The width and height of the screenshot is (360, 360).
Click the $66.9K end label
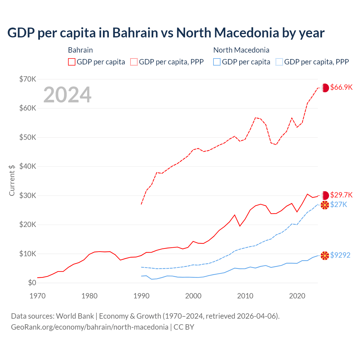coord(341,87)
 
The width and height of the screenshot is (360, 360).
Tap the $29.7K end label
coord(341,195)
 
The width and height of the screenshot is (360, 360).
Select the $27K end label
coord(339,204)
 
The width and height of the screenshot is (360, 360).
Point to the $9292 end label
coord(340,255)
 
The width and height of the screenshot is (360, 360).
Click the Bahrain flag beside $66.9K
coord(325,88)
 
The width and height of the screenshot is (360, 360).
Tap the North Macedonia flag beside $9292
coord(325,256)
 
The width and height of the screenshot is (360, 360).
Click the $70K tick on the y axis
coord(28,79)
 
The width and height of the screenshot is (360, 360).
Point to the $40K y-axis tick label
coord(28,166)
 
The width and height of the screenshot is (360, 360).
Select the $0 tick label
coord(32,283)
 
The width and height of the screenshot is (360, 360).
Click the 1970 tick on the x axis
coord(37,296)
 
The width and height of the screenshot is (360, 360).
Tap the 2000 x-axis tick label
coord(193,296)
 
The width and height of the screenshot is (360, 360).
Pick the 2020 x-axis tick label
coord(297,296)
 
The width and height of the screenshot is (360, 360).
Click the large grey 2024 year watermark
coord(67,95)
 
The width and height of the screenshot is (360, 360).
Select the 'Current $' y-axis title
coord(12,180)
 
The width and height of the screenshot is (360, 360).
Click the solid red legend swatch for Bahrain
coord(72,62)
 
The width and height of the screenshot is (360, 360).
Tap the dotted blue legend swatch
coord(279,62)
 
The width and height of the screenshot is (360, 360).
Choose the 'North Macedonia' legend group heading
coord(241,50)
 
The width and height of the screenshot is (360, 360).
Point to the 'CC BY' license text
coord(184,327)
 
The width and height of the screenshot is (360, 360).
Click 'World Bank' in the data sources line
coord(75,316)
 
